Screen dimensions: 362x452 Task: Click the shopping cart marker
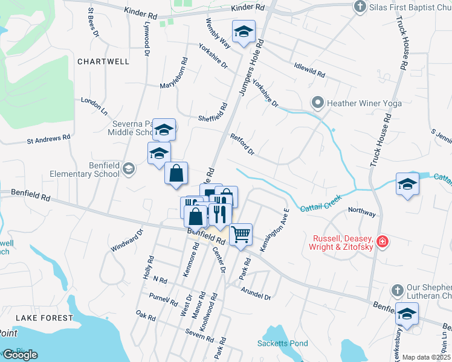click(x=241, y=233)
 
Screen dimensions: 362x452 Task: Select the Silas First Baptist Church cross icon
click(x=360, y=7)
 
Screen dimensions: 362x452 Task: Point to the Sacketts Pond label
click(x=283, y=343)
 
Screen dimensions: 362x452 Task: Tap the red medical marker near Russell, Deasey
click(x=382, y=242)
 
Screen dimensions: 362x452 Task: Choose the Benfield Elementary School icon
click(x=128, y=169)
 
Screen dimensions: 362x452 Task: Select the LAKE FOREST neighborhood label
click(x=44, y=317)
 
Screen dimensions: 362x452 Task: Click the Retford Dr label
click(x=242, y=145)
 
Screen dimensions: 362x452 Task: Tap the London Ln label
click(x=94, y=107)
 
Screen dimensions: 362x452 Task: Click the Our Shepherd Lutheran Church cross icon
click(x=397, y=291)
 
